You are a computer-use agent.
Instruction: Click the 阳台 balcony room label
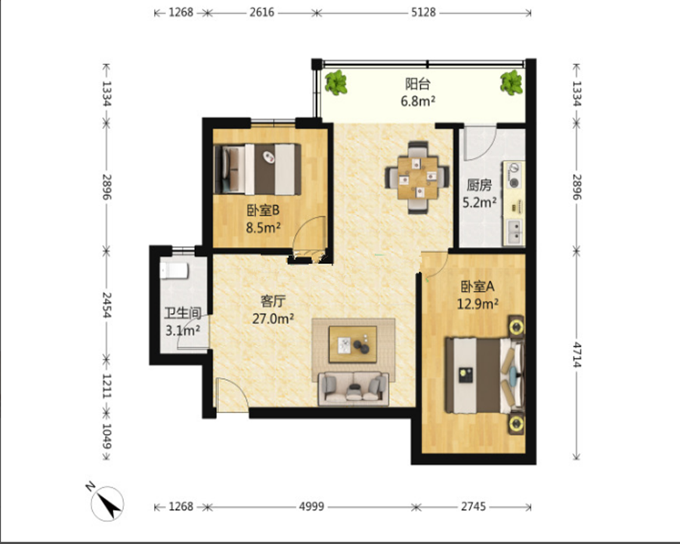[418, 84]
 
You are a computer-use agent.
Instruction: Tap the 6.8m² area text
[418, 101]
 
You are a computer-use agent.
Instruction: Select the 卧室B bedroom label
[263, 210]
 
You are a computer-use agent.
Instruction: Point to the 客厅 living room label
[273, 301]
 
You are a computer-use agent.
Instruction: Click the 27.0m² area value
[274, 319]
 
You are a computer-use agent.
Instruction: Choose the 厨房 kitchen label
[479, 185]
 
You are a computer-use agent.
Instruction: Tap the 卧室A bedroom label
[478, 286]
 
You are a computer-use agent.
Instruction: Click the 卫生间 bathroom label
[183, 313]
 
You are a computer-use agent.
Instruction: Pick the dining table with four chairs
[417, 178]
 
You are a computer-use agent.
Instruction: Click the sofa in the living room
[354, 388]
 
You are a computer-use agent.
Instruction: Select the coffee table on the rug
[353, 344]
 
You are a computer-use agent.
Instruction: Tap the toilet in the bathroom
[174, 270]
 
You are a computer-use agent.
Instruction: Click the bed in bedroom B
[258, 169]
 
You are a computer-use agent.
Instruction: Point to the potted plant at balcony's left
[336, 82]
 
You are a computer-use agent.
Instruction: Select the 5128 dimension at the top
[423, 12]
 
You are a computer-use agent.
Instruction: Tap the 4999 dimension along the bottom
[311, 506]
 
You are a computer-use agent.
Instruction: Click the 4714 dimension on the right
[576, 354]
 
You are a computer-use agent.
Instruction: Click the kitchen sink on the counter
[515, 232]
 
